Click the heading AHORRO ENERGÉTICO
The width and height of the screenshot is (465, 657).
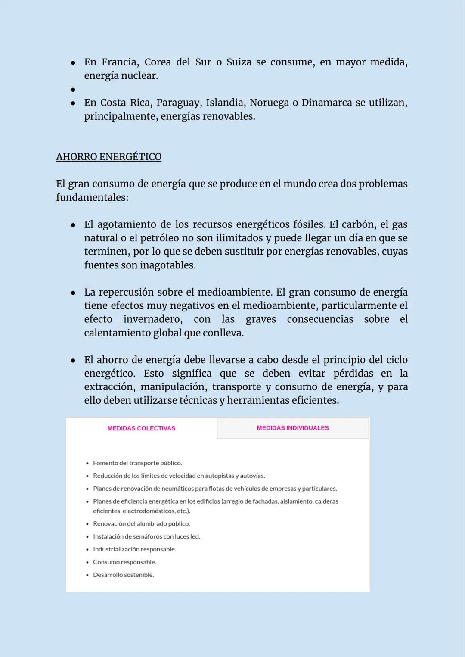(x=108, y=157)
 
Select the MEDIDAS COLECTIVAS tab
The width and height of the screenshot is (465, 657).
(x=141, y=428)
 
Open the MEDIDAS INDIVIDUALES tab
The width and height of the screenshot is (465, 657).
(x=293, y=428)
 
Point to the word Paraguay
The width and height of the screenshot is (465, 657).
(x=178, y=103)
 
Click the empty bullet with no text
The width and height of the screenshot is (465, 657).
(x=73, y=90)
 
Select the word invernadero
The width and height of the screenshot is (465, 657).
(x=152, y=319)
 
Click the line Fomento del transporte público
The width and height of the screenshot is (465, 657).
(x=137, y=463)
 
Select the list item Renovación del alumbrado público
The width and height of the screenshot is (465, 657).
(x=141, y=524)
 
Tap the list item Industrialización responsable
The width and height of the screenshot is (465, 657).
(x=134, y=549)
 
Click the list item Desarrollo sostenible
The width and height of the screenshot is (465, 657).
(x=123, y=575)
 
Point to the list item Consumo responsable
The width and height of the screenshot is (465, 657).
(x=124, y=562)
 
